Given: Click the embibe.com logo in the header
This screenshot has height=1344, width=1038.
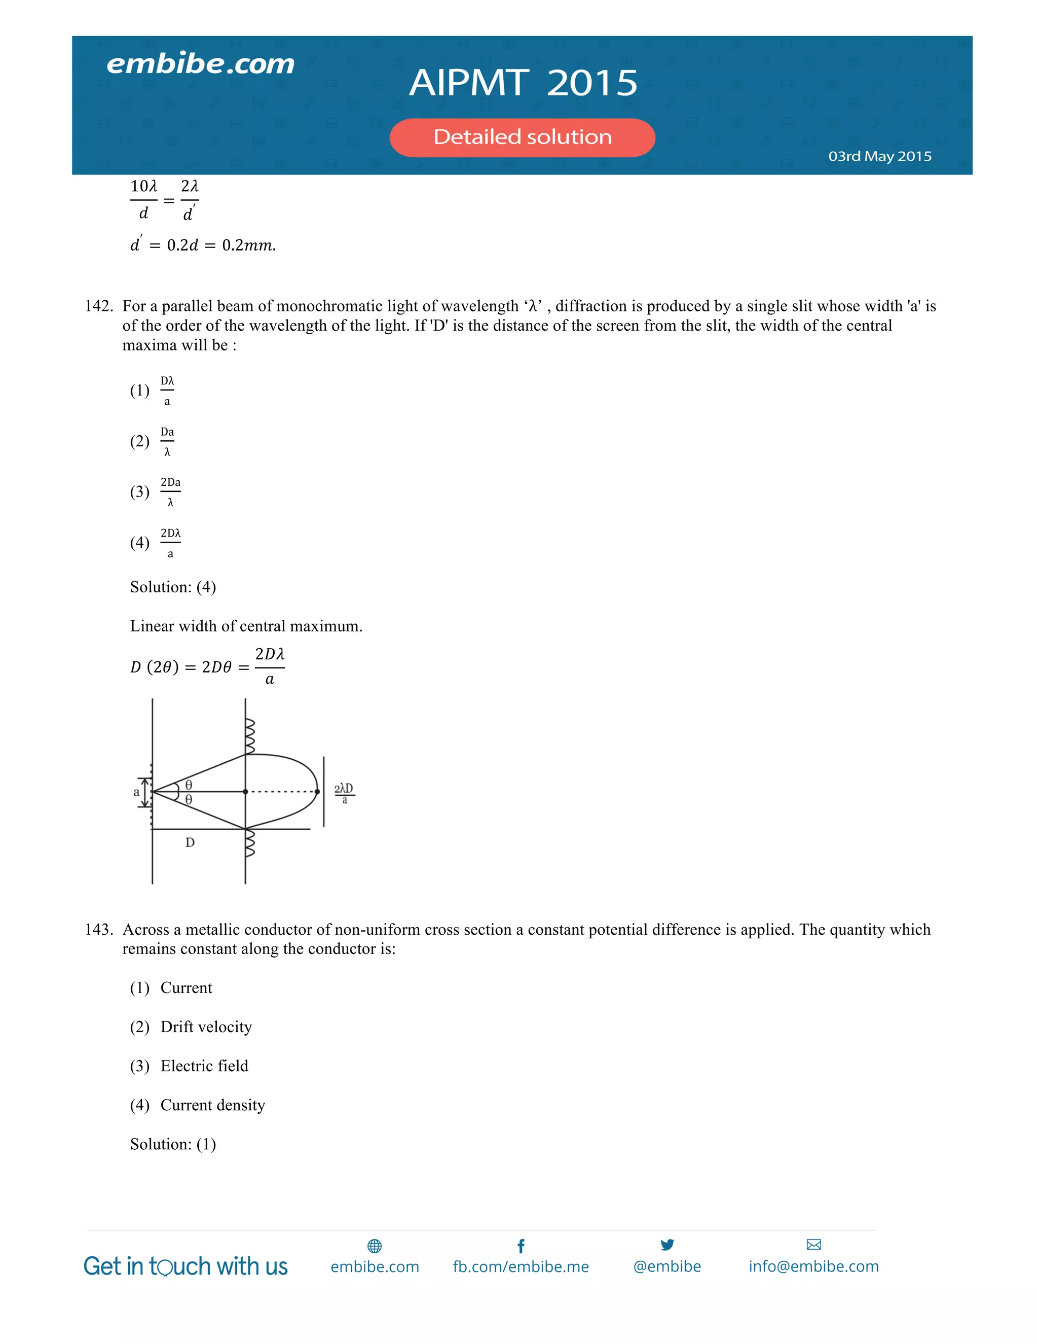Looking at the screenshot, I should click(x=201, y=64).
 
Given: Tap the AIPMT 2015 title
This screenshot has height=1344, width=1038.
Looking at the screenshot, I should click(x=523, y=83).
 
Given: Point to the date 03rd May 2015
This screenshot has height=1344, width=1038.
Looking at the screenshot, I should click(x=879, y=156).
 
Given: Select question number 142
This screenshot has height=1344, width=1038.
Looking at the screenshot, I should click(x=98, y=306).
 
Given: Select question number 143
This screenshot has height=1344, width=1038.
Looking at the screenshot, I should click(x=98, y=929).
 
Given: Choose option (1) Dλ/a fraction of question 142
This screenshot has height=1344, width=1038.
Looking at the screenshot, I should click(x=167, y=390).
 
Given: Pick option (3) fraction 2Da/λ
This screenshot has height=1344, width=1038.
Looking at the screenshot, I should click(x=170, y=491).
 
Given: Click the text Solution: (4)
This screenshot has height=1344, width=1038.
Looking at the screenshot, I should click(x=173, y=587).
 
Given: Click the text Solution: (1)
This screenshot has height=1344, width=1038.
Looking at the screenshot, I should click(x=173, y=1144).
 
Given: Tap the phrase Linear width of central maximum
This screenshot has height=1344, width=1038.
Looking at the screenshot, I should click(x=246, y=626).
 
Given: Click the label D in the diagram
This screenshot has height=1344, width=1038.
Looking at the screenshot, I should click(x=190, y=842).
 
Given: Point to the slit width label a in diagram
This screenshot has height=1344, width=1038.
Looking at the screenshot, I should click(x=136, y=792).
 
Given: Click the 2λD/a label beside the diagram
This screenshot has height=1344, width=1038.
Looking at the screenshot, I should click(x=344, y=793).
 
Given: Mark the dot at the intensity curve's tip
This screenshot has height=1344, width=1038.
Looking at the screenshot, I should click(x=317, y=791).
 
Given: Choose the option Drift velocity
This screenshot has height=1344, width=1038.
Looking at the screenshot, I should click(x=206, y=1027).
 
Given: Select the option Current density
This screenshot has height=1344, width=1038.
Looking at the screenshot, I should click(x=212, y=1105).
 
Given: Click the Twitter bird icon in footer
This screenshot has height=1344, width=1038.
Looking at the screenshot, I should click(x=667, y=1244).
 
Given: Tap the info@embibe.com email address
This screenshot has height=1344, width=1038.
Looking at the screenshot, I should click(x=813, y=1266).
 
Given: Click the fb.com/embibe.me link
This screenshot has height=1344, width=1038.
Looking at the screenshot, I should click(x=521, y=1266).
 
